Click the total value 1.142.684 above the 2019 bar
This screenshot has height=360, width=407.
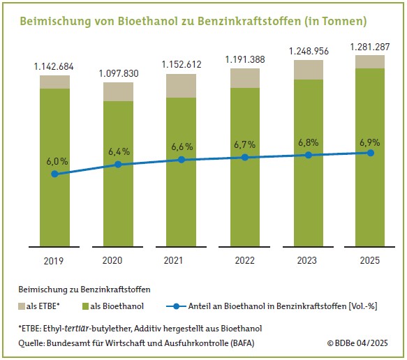[x=54, y=66]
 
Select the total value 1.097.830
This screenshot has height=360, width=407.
[x=118, y=73]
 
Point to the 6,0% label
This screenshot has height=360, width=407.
[x=54, y=160]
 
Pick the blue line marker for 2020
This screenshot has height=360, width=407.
[x=118, y=165]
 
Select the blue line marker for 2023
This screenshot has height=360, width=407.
[x=308, y=155]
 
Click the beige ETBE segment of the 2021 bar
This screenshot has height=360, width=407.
[x=182, y=85]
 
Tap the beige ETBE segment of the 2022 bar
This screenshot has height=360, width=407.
[x=244, y=78]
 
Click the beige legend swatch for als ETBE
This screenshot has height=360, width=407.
[x=20, y=306]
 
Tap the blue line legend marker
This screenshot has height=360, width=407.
[x=177, y=306]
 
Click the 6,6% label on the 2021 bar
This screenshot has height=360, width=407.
[x=182, y=147]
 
